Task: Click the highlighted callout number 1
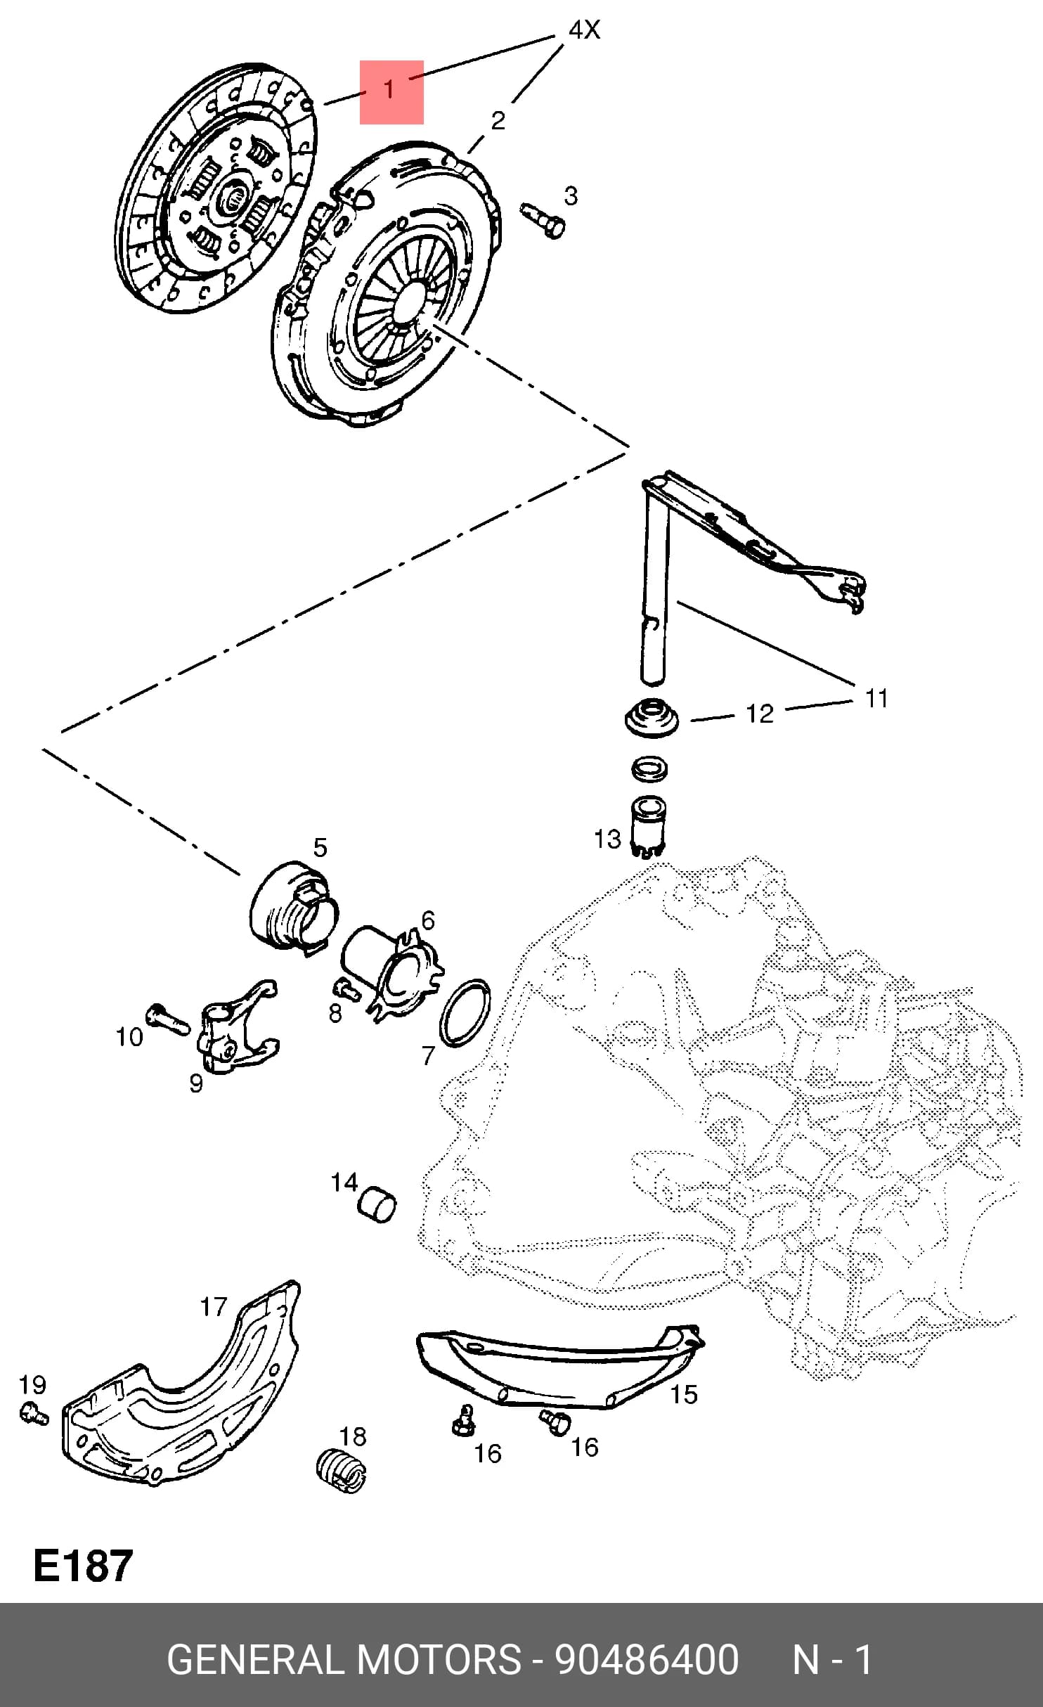click(389, 90)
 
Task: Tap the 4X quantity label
click(584, 30)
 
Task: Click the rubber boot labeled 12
click(653, 719)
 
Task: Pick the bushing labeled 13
click(649, 825)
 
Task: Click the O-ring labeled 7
click(465, 1012)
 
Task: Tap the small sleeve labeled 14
click(377, 1205)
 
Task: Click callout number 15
click(683, 1393)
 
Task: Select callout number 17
click(214, 1306)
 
